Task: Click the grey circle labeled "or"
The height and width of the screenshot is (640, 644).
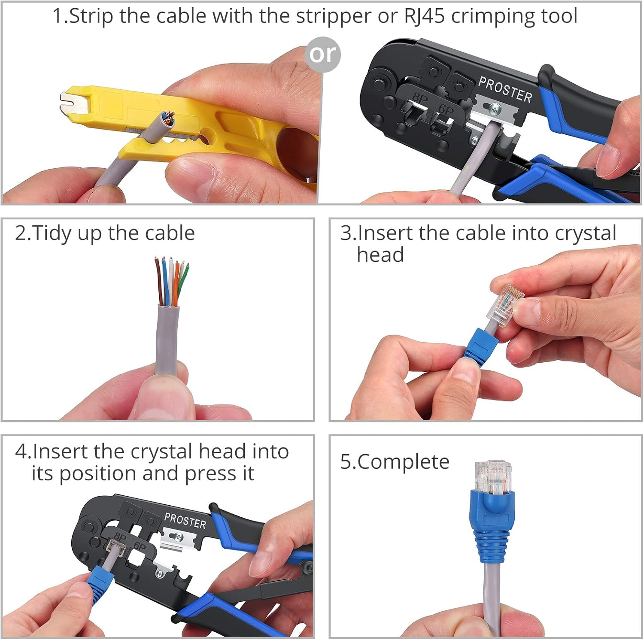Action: coord(322,55)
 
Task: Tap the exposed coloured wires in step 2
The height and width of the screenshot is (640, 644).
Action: coord(172,282)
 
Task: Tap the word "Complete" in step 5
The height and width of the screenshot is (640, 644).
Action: coord(403,462)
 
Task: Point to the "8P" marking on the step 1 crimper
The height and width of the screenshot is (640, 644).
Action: coord(420,99)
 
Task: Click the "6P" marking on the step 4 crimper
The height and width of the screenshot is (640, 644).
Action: coord(140,546)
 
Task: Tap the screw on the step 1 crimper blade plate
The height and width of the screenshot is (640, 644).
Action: coord(495,109)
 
